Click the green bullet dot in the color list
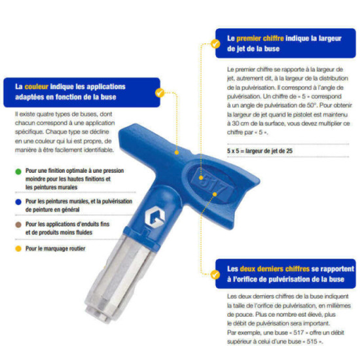(18, 171)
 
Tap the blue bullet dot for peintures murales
(18, 202)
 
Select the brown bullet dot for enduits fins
(18, 225)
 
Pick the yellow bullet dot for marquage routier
(18, 249)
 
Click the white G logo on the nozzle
(154, 217)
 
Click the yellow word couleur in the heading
(36, 86)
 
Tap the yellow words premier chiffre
(260, 39)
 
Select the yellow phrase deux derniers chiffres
(275, 268)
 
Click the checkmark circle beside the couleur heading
(160, 93)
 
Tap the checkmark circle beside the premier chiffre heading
(215, 44)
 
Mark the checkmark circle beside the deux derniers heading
(215, 274)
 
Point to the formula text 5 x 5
(233, 151)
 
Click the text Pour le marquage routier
(56, 249)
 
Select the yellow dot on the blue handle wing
(177, 153)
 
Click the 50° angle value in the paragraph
(312, 105)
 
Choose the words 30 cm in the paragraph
(237, 123)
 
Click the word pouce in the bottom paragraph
(245, 314)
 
